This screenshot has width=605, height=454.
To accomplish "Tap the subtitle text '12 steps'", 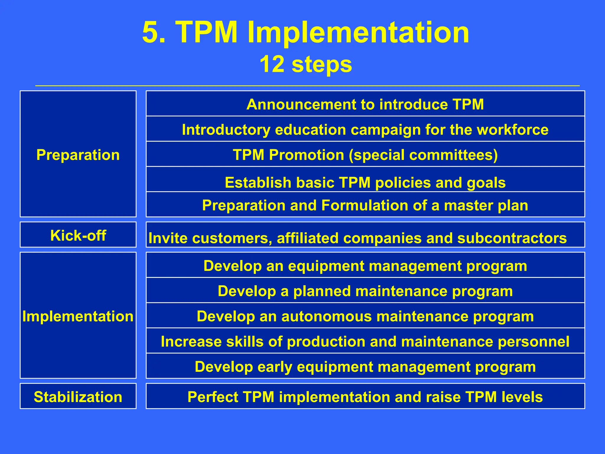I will pyautogui.click(x=306, y=64).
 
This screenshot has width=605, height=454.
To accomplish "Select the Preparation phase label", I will pyautogui.click(x=78, y=155).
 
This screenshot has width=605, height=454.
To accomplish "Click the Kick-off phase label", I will pyautogui.click(x=78, y=236).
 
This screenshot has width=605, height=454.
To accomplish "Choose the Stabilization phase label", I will pyautogui.click(x=78, y=397).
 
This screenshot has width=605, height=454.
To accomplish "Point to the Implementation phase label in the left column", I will pyautogui.click(x=78, y=316).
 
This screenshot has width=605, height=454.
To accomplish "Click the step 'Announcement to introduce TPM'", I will pyautogui.click(x=365, y=104).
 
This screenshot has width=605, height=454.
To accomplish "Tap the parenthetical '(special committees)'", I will pyautogui.click(x=423, y=155).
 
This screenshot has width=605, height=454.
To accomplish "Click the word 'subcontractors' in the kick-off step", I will pyautogui.click(x=512, y=238).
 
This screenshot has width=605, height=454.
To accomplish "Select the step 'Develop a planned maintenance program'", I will pyautogui.click(x=365, y=291).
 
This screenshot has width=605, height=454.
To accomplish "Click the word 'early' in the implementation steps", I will pyautogui.click(x=275, y=367).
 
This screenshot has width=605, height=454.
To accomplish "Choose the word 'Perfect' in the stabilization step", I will pyautogui.click(x=212, y=397).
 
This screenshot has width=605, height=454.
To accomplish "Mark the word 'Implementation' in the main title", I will pyautogui.click(x=358, y=33).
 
